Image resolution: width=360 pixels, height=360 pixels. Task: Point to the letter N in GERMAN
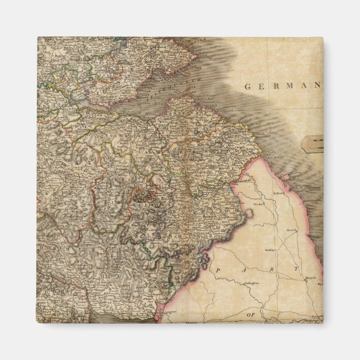(317, 86)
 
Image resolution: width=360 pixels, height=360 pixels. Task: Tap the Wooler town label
(258, 205)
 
